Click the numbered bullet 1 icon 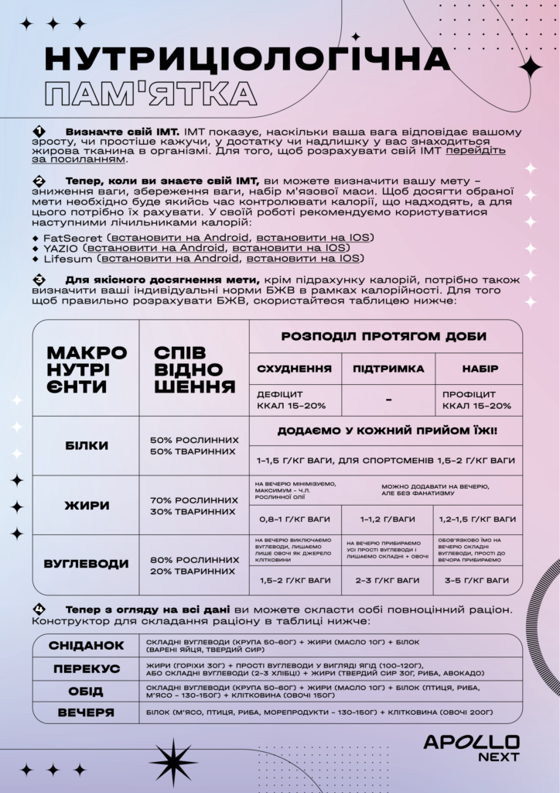39,131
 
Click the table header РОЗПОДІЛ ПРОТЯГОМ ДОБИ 384,337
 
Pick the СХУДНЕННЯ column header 294,369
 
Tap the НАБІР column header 480,369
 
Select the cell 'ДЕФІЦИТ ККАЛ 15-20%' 292,400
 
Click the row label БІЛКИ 86,446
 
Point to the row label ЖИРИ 86,506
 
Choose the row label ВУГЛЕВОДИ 86,565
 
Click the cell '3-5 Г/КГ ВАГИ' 476,580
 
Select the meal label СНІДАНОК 86,646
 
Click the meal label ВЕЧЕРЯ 86,712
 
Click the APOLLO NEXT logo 471,748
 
